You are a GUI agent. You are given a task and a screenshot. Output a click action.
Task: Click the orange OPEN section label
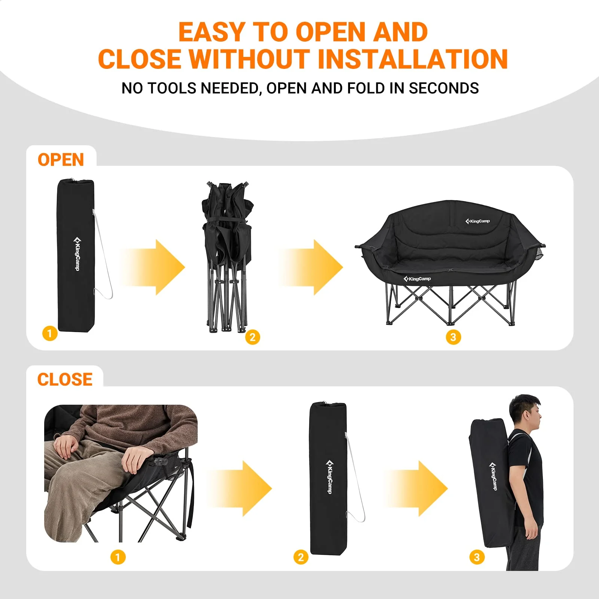point(61,160)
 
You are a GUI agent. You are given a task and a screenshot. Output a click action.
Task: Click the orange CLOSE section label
point(65,380)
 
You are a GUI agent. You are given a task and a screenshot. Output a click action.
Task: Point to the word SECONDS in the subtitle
point(444,88)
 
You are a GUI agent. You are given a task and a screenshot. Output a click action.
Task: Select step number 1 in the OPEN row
point(49,333)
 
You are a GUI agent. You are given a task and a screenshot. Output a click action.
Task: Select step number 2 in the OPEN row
point(252,337)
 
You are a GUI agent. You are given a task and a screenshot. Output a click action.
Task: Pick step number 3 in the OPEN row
point(453,337)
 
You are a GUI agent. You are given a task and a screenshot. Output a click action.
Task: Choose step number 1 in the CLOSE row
point(118,557)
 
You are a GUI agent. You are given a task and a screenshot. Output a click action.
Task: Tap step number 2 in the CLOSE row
point(301,557)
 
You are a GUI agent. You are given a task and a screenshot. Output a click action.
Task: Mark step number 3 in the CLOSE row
point(477,557)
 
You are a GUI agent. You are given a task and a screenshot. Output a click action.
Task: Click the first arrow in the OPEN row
point(153,267)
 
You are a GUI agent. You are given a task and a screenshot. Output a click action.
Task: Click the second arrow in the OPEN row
point(311,267)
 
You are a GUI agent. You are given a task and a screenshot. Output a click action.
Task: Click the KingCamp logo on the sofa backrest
point(478,221)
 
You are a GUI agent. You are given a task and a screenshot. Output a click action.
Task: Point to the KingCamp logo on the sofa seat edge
point(417,279)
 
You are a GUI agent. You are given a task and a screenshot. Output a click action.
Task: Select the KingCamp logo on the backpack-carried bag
point(493,476)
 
